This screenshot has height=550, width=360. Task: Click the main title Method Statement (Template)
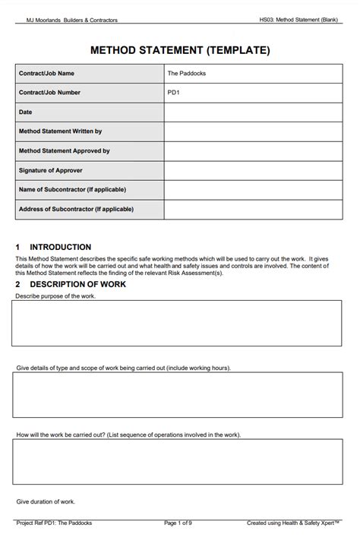[180, 50]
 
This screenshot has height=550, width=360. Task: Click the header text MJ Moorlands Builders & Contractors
[72, 21]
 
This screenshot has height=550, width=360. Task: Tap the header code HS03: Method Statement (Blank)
[298, 21]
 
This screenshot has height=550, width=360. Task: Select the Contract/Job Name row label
[46, 74]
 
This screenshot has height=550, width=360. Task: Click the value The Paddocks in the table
[186, 74]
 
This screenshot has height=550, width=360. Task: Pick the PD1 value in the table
[173, 93]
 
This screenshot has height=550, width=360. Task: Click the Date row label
[25, 112]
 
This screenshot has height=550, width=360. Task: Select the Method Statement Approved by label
[64, 151]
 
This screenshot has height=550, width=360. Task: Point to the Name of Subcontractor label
[72, 189]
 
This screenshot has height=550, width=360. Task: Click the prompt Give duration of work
[46, 502]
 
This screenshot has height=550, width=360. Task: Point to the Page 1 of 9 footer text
[178, 523]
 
